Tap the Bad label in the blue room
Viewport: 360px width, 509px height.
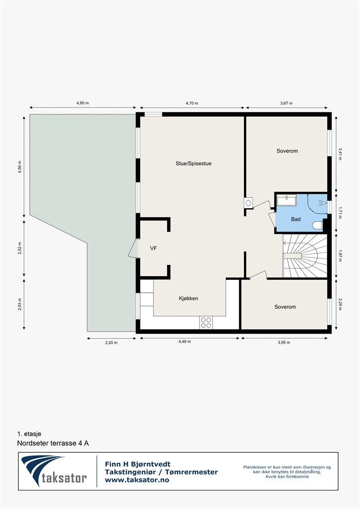[296, 219]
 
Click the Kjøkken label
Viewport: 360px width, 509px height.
[188, 298]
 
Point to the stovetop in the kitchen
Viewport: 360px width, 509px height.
[206, 323]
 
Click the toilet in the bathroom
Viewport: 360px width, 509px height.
[317, 226]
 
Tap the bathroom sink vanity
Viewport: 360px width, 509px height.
[286, 200]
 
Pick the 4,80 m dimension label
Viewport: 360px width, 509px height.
[83, 103]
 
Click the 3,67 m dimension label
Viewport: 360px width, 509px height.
[286, 103]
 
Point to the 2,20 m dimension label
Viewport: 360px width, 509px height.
[111, 341]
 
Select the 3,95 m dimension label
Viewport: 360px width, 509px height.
[284, 341]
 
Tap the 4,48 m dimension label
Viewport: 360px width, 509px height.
[190, 341]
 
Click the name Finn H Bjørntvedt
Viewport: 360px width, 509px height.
[137, 464]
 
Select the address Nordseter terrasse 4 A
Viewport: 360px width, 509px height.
[53, 443]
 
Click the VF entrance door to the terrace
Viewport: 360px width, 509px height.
[133, 249]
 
